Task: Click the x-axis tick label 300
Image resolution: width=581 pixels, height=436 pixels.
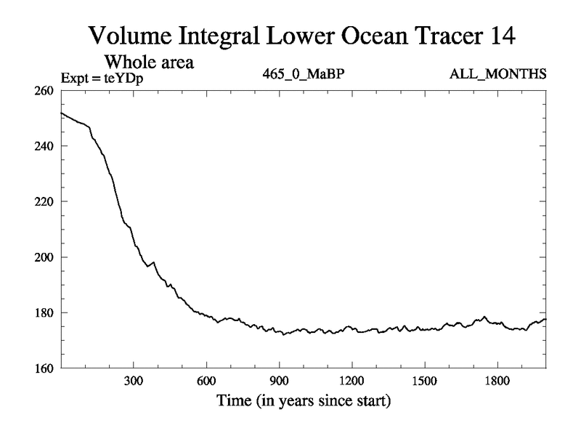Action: click(134, 381)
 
